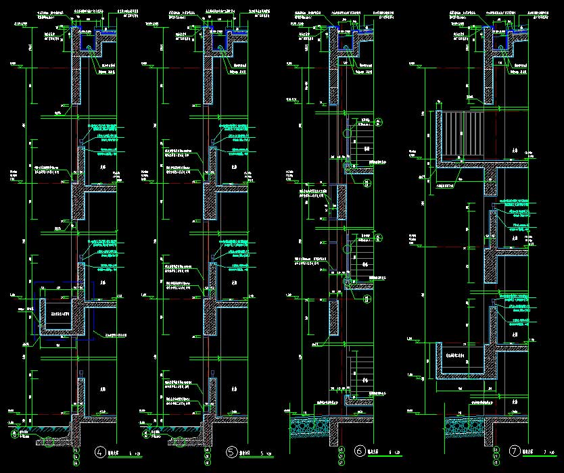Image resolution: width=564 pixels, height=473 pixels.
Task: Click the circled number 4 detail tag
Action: pyautogui.click(x=101, y=451)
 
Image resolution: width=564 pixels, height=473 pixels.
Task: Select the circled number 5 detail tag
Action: pyautogui.click(x=232, y=451)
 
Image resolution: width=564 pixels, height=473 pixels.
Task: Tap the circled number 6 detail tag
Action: pyautogui.click(x=360, y=451)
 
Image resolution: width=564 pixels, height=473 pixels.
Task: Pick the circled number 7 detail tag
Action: pyautogui.click(x=515, y=451)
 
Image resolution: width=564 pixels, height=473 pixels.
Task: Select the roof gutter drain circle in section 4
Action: pyautogui.click(x=87, y=47)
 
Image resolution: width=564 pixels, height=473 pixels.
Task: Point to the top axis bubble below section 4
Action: pyautogui.click(x=76, y=450)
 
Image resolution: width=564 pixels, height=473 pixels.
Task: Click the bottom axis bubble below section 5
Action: pyautogui.click(x=206, y=463)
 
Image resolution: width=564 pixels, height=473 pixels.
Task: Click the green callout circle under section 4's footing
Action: pyautogui.click(x=49, y=443)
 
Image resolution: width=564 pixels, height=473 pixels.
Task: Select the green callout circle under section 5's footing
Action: pyautogui.click(x=179, y=443)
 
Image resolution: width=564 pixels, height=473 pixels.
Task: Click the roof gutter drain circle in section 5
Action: pyautogui.click(x=218, y=47)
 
